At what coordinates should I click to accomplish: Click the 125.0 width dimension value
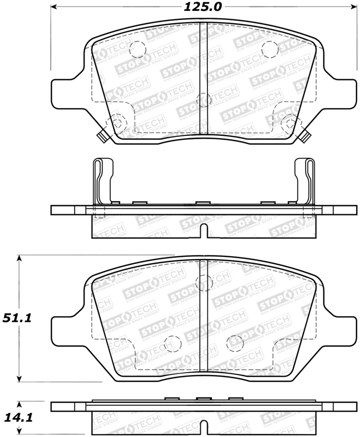203,7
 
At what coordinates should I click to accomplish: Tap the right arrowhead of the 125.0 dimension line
353,7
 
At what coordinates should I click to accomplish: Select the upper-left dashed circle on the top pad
137,49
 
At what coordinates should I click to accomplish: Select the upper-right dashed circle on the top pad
269,49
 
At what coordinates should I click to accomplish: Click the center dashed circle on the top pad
204,100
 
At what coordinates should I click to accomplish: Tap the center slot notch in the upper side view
203,230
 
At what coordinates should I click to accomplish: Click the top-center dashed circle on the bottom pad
204,282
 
